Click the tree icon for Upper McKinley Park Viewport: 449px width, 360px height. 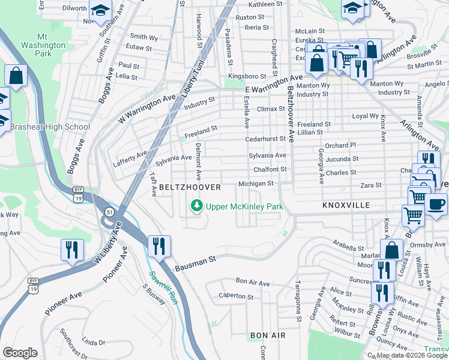pos(196,206)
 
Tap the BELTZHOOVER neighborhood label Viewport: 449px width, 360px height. pos(190,188)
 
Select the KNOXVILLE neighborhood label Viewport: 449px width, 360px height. pos(346,205)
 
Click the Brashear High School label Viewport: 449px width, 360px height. pos(50,127)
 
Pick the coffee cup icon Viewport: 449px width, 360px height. pos(436,203)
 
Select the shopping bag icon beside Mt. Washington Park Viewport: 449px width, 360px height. pos(16,76)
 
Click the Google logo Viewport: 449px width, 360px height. pos(20,352)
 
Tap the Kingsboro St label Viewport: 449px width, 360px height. pos(251,77)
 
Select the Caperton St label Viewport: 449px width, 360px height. pos(236,296)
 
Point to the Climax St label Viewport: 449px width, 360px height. pos(270,109)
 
